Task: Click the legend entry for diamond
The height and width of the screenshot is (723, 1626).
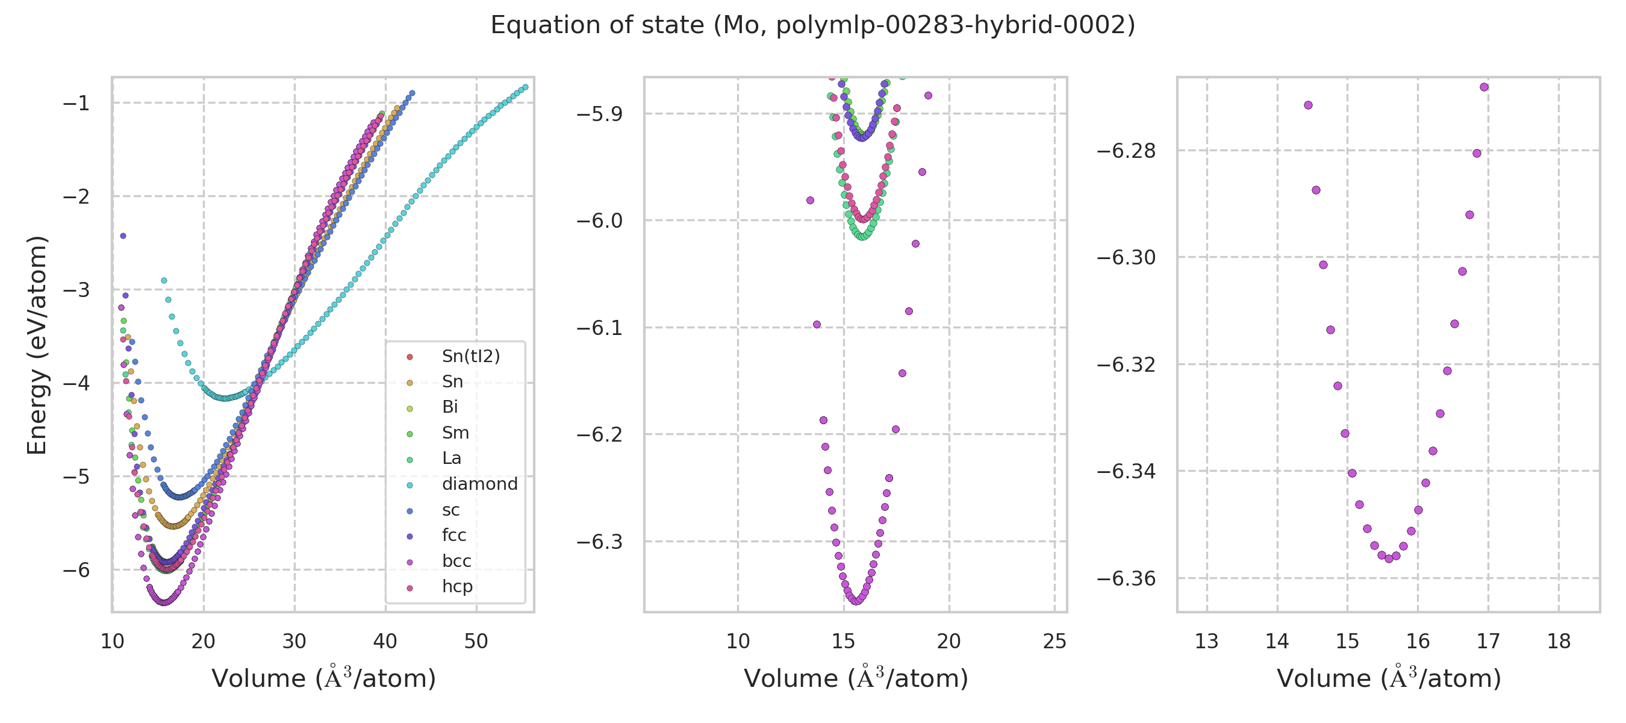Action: pos(479,484)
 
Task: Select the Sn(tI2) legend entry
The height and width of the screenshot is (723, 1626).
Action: pos(470,357)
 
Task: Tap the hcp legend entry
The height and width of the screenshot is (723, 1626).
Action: pos(456,587)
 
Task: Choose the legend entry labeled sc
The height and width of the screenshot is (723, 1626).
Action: pos(450,510)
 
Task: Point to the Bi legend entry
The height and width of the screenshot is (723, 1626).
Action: pos(449,407)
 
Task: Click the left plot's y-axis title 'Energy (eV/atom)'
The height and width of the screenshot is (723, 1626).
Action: pos(37,345)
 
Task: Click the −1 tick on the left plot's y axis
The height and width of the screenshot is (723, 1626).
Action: pos(76,103)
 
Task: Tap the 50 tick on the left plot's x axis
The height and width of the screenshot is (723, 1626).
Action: pos(476,642)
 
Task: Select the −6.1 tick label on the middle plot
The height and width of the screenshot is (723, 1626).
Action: pos(599,328)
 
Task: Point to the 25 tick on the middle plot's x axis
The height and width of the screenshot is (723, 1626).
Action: pos(1054,642)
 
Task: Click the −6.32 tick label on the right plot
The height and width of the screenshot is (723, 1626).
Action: pos(1126,365)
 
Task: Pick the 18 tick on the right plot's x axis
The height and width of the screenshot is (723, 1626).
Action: pos(1559,642)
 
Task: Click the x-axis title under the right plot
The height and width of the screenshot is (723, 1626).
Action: pos(1389,679)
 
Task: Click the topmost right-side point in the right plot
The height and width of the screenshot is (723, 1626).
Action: pos(1484,87)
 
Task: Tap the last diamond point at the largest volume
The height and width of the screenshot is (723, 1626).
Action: pos(525,87)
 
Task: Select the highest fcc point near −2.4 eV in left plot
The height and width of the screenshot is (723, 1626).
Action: pos(123,236)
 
